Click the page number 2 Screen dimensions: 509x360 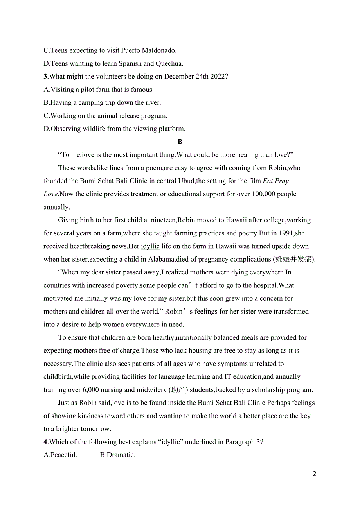315,474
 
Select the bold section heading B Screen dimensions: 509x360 180,142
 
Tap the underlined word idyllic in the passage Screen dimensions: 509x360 150,246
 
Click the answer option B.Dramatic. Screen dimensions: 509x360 118,455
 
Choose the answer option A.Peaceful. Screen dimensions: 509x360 61,455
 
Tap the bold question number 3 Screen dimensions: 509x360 45,77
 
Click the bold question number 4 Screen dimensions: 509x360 45,442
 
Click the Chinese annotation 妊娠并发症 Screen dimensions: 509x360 294,259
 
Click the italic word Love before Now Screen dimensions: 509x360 50,194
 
